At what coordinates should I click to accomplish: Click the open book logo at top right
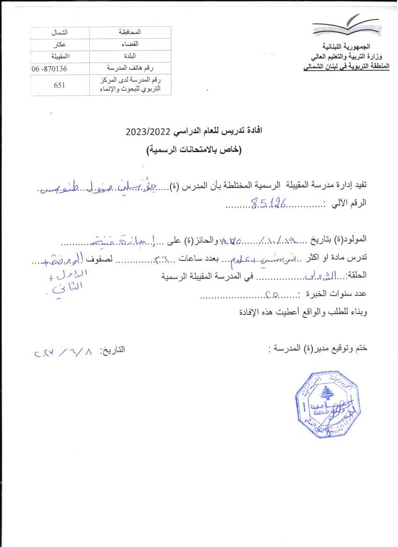click(x=346, y=27)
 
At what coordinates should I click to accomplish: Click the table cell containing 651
click(x=59, y=85)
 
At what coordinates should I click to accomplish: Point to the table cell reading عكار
click(x=59, y=44)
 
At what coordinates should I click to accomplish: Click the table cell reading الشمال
click(x=59, y=32)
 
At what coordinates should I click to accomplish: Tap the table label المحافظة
click(x=131, y=32)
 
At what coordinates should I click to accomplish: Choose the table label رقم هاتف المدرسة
click(x=131, y=69)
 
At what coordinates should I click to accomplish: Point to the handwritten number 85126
click(x=269, y=203)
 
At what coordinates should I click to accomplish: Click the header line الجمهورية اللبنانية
click(x=346, y=47)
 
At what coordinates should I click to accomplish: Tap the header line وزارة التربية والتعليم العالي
click(x=339, y=57)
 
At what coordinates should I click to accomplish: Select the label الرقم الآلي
click(x=347, y=203)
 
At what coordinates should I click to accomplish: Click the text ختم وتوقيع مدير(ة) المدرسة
click(x=319, y=349)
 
